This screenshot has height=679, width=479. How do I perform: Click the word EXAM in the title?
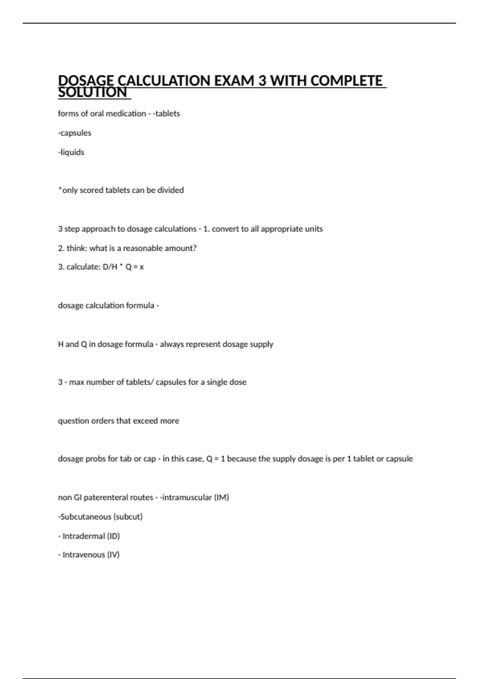coord(234,81)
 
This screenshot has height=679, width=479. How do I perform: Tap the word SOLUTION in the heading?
coord(92,93)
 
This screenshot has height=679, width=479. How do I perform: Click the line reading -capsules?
coord(75,133)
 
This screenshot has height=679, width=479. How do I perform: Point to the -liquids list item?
coord(71,152)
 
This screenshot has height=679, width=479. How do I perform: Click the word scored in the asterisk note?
coord(91,190)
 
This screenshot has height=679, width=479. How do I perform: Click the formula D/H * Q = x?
coord(123,267)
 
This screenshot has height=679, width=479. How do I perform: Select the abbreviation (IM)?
coord(222,498)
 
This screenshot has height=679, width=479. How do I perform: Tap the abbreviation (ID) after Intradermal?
coord(113,536)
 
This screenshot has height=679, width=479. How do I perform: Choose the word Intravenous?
coord(84,555)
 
